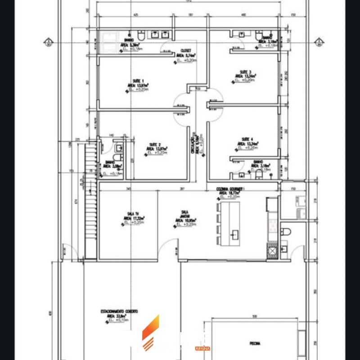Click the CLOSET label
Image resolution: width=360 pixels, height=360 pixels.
(x=186, y=51)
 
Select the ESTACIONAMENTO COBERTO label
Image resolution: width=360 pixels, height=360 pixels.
(x=119, y=311)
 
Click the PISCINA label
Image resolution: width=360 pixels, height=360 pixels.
(x=255, y=344)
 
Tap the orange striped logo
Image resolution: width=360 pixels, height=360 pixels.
(x=150, y=333)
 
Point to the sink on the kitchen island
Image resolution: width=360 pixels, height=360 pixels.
(x=234, y=234)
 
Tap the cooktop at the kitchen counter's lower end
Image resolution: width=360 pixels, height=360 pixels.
(x=272, y=251)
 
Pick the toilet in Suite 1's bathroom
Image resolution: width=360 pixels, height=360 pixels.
(x=141, y=35)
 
